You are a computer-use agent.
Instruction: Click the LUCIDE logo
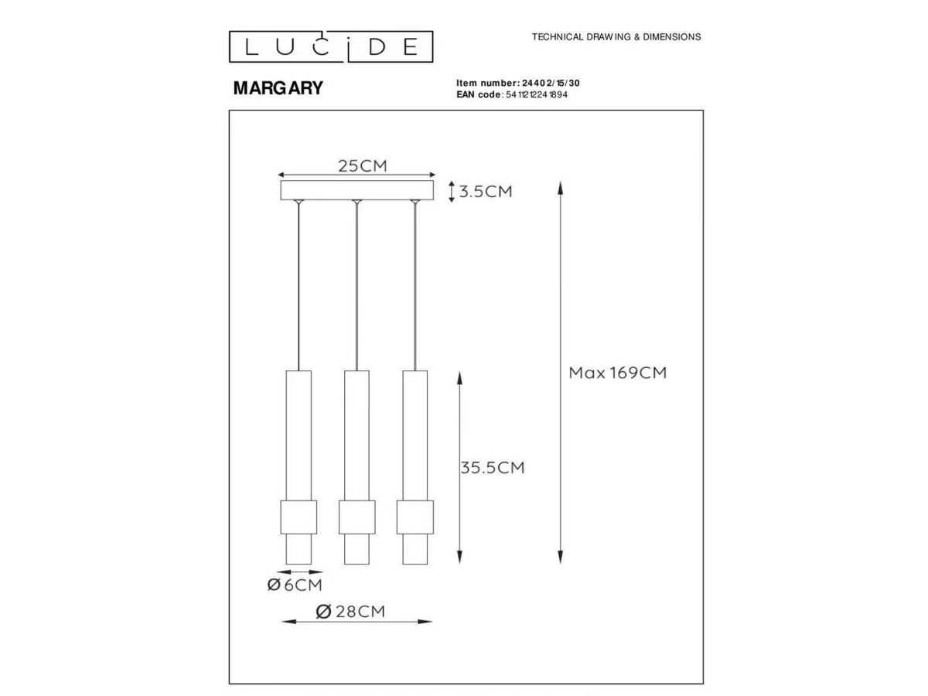pyautogui.click(x=331, y=46)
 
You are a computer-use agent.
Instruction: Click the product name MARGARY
pyautogui.click(x=278, y=88)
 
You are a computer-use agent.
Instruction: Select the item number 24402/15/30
pyautogui.click(x=551, y=83)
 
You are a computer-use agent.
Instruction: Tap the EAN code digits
pyautogui.click(x=537, y=94)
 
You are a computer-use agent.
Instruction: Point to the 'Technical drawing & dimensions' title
pyautogui.click(x=616, y=37)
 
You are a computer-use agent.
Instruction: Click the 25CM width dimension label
pyautogui.click(x=363, y=165)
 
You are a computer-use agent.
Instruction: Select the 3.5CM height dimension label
pyautogui.click(x=486, y=192)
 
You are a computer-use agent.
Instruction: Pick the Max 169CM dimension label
pyautogui.click(x=617, y=372)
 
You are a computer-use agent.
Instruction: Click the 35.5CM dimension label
pyautogui.click(x=493, y=467)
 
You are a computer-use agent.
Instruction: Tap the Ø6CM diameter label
pyautogui.click(x=295, y=585)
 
